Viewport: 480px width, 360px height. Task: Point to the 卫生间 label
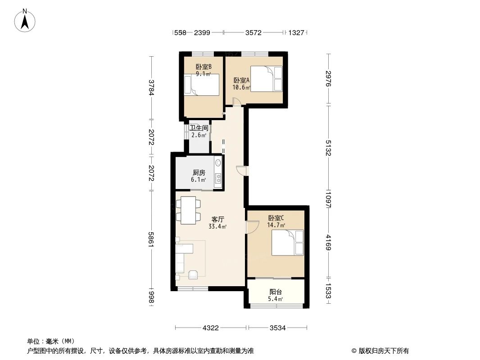pos(199,128)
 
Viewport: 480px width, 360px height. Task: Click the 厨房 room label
pos(199,173)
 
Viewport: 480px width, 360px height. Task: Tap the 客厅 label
pos(217,220)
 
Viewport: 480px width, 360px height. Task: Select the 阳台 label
pos(276,292)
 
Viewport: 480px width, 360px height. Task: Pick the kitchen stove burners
pos(218,179)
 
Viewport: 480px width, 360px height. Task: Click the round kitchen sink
pos(218,163)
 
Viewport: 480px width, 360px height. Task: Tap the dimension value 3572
pos(254,33)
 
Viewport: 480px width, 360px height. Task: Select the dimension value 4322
pos(210,328)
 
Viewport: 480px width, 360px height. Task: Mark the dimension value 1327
pos(296,33)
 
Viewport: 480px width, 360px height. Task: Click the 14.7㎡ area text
pos(276,225)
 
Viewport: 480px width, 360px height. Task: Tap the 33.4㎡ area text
pos(217,227)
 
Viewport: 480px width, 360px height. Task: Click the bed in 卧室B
pos(201,85)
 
